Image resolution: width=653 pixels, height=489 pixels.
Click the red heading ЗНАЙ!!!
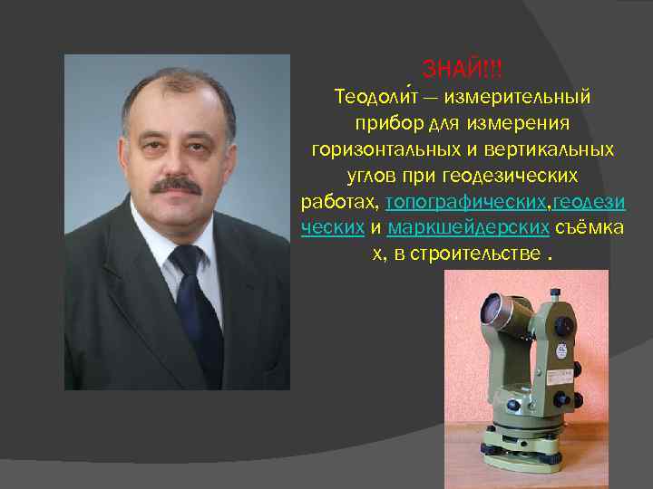click(x=463, y=69)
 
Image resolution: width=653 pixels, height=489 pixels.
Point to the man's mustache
click(x=174, y=185)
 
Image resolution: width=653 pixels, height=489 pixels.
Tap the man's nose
click(x=175, y=163)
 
